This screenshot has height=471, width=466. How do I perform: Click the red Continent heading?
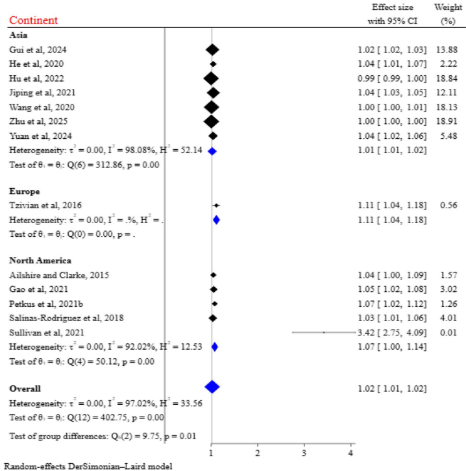33,20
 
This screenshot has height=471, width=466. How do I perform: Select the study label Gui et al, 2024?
38,49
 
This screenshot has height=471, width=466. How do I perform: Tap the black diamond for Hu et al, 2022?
211,78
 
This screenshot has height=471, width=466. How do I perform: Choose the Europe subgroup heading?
25,191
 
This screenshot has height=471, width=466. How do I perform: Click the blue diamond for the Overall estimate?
212,387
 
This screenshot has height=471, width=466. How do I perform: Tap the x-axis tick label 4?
351,452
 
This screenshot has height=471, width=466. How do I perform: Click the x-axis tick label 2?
258,452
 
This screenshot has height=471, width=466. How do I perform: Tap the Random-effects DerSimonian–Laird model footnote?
88,465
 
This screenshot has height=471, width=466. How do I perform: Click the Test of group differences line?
103,435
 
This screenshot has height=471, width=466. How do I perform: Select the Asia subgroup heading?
19,35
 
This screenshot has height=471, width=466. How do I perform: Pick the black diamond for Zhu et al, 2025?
211,121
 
